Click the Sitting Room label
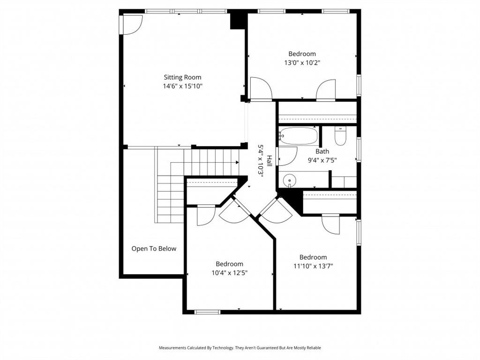[182, 77]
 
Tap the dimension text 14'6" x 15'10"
[182, 86]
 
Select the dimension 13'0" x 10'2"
[302, 62]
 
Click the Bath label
[322, 151]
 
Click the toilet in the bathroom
[341, 136]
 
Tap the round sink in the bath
[290, 180]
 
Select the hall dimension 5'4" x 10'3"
[261, 159]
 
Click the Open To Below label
[154, 248]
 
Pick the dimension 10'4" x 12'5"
[229, 273]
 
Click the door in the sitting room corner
[132, 23]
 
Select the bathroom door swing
[288, 156]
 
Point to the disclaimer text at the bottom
[240, 348]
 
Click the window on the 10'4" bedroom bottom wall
[207, 312]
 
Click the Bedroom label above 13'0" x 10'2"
[302, 54]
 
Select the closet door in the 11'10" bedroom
[331, 224]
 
